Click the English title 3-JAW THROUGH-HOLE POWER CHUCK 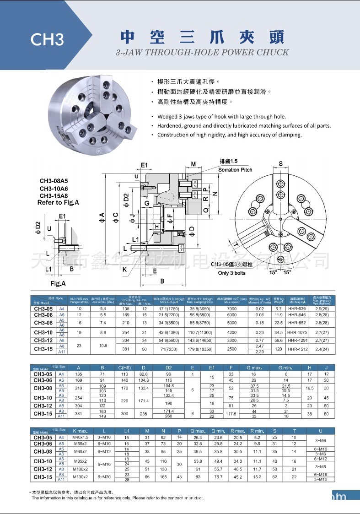(x=203, y=52)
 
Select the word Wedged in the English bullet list (x=168, y=117)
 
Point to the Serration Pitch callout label (x=235, y=170)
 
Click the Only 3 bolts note (x=232, y=273)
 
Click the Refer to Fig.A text (x=58, y=202)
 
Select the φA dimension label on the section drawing (x=102, y=215)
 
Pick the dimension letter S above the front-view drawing (x=280, y=164)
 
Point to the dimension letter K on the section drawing (x=124, y=269)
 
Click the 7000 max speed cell (x=232, y=308)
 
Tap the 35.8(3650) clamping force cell (x=199, y=308)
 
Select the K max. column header (x=80, y=431)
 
